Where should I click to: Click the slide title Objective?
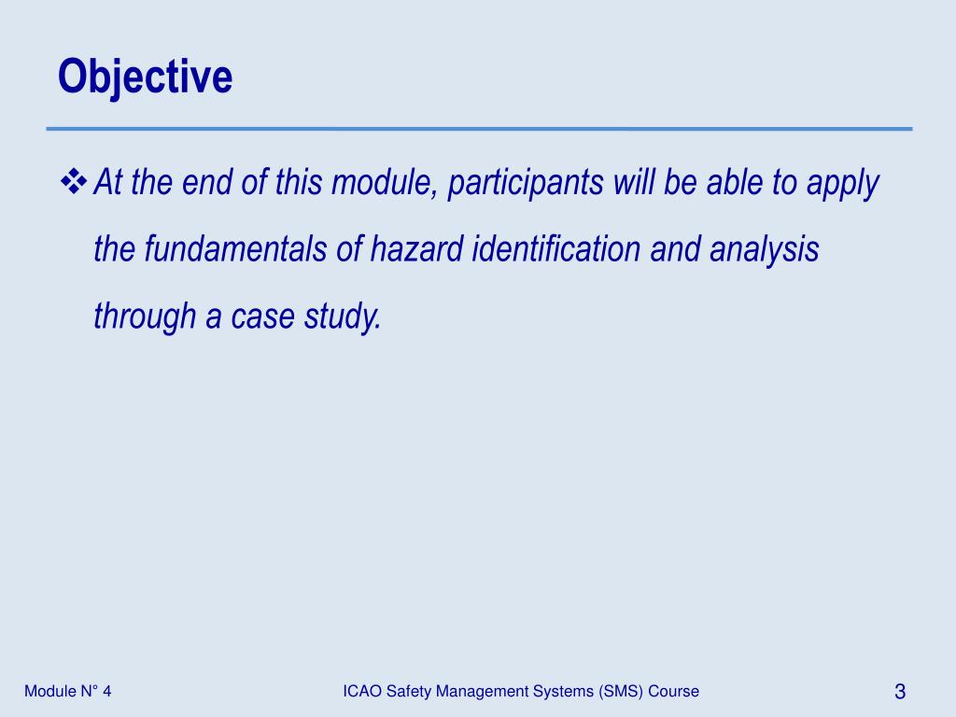pos(145,77)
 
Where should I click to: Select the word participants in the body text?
pos(525,184)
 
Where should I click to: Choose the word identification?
pos(556,250)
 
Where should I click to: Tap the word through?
pos(146,318)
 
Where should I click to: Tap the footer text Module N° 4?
pos(68,691)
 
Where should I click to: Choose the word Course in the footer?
pos(674,691)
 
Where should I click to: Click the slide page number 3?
pos(900,692)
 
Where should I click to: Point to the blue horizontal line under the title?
pos(479,129)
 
